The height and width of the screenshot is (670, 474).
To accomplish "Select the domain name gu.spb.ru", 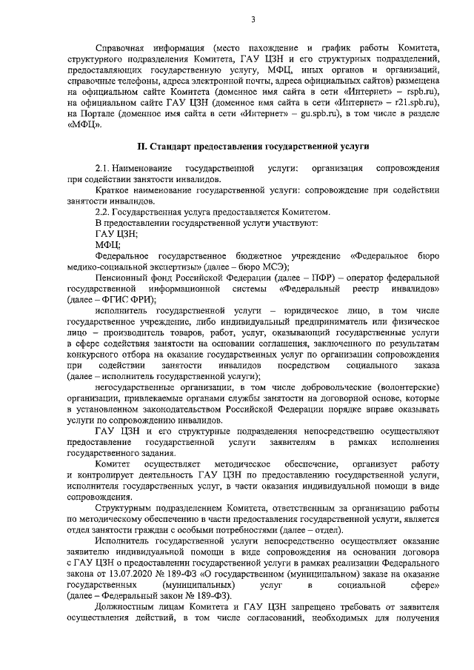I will [x=316, y=114].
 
